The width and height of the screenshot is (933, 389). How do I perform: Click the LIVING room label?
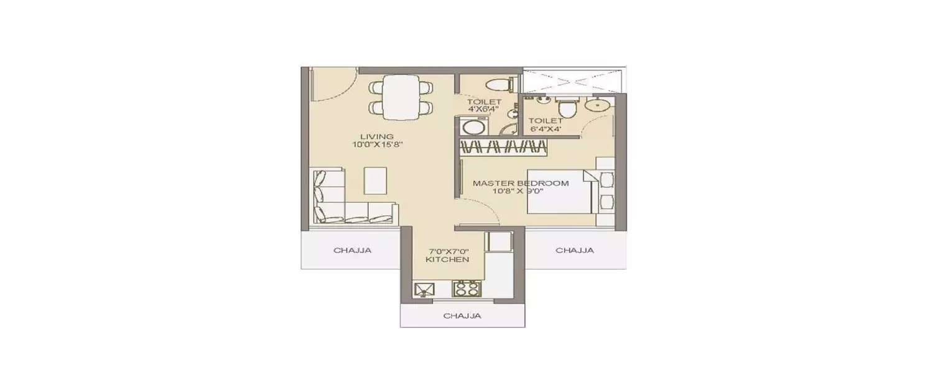(x=377, y=136)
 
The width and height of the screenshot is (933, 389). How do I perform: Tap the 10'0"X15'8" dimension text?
(x=377, y=145)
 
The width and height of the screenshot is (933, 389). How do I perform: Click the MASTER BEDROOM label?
(x=521, y=183)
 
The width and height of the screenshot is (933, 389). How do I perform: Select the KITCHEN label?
(x=447, y=260)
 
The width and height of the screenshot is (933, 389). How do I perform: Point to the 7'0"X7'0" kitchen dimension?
(x=447, y=251)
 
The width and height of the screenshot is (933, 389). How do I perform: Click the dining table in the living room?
(x=401, y=97)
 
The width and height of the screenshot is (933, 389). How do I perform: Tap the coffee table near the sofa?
(x=376, y=180)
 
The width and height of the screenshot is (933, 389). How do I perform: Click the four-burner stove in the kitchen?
(x=466, y=289)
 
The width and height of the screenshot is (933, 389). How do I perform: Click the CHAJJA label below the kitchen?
(x=462, y=316)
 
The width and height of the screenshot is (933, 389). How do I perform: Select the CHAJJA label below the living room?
(x=352, y=251)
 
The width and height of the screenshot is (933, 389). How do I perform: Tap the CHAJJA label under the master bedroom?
(x=574, y=250)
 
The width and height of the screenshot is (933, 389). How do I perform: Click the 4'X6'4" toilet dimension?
(x=484, y=109)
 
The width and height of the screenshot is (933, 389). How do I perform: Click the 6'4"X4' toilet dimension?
(x=545, y=129)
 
